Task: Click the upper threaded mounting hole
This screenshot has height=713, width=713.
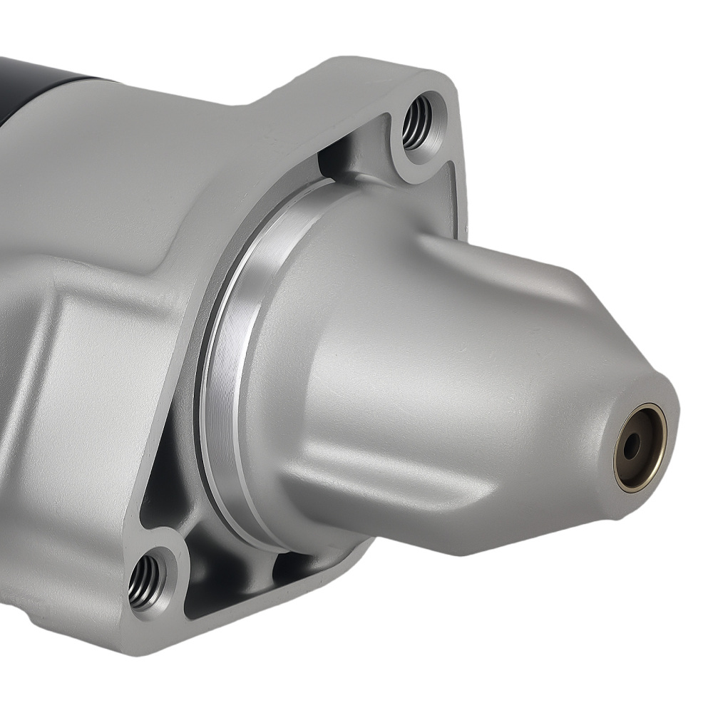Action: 417,122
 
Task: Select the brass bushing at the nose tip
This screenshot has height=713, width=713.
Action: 640,447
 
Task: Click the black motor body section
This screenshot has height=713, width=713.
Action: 43,78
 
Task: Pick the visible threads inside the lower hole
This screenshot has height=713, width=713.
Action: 143,576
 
